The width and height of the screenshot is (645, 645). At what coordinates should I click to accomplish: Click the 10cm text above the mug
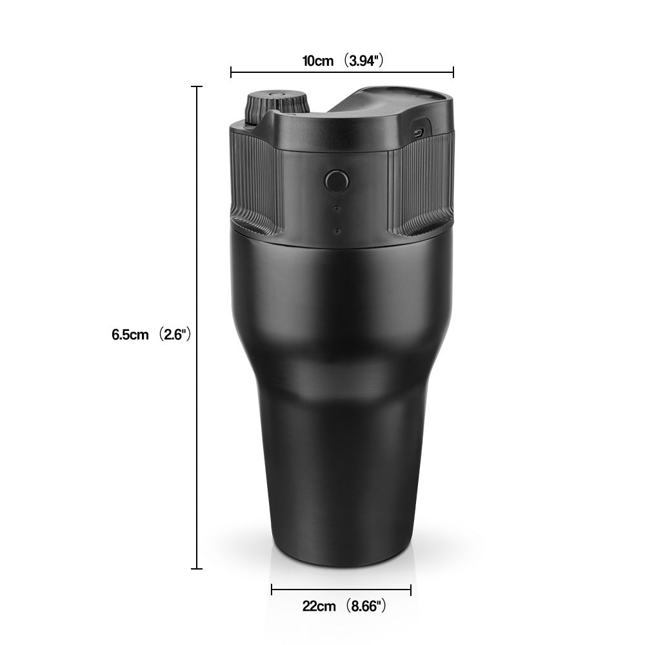tap(318, 61)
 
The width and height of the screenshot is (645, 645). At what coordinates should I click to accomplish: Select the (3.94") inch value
tap(363, 61)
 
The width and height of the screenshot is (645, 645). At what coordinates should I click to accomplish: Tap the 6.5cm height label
tap(130, 335)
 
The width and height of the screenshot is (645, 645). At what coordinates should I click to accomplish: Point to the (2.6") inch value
tap(174, 335)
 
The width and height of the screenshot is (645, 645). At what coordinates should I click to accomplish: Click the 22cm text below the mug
tap(319, 606)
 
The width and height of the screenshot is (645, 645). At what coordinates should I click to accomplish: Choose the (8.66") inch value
tap(365, 606)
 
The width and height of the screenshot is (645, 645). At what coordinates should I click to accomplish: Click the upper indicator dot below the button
tap(335, 208)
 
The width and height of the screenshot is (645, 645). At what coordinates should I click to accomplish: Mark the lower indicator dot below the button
tap(335, 230)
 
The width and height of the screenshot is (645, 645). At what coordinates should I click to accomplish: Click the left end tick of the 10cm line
tap(231, 72)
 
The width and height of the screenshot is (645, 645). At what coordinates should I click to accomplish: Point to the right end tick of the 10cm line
tap(453, 72)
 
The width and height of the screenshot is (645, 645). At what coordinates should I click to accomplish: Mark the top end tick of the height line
tap(197, 86)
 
